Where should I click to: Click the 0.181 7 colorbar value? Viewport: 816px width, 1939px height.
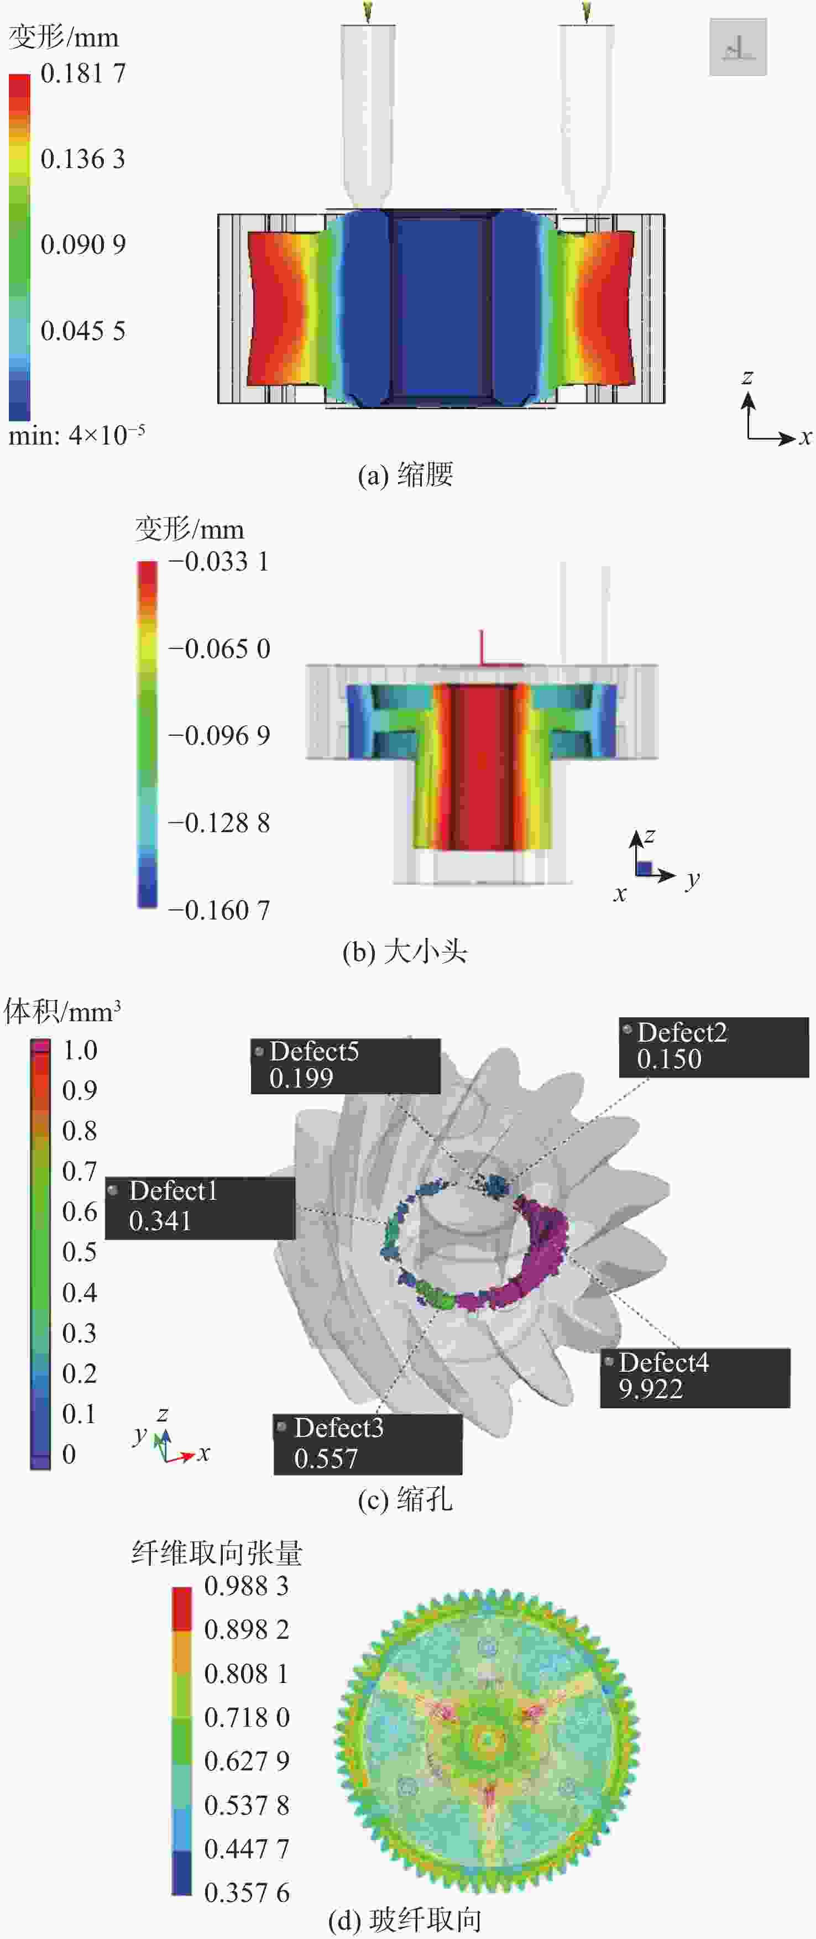pos(83,73)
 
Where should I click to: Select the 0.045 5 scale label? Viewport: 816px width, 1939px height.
pos(83,331)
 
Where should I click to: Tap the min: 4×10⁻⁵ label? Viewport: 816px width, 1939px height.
pos(76,435)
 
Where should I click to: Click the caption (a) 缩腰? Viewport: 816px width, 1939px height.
pos(405,474)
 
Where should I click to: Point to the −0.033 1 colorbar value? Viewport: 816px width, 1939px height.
pos(219,562)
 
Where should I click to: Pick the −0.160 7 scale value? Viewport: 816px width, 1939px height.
pos(219,910)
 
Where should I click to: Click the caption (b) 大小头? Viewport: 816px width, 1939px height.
pos(405,952)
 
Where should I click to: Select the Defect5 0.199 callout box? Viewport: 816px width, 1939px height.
pos(346,1066)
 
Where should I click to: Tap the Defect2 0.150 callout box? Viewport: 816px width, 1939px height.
pos(714,1048)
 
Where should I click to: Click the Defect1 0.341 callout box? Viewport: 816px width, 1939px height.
pos(200,1208)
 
